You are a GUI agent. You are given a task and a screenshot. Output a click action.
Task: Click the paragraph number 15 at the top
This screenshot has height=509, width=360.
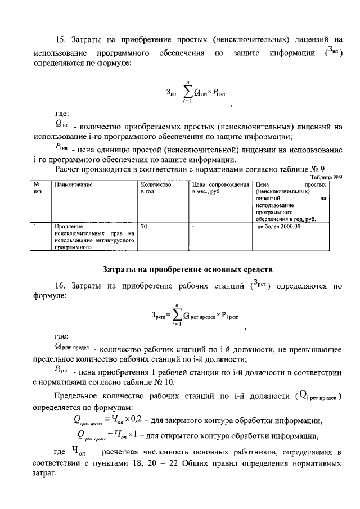click(x=61, y=39)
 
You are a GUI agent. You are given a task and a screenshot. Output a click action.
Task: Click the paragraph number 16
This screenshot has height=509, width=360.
click(x=61, y=286)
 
